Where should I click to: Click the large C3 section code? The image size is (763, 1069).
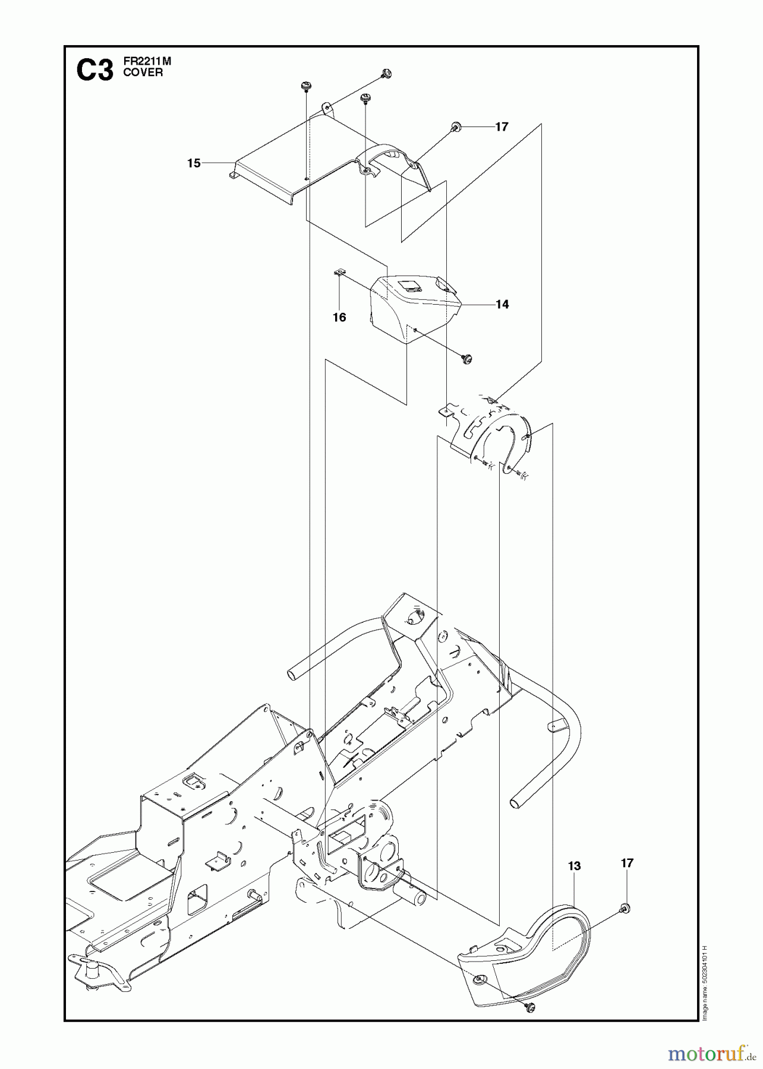[94, 71]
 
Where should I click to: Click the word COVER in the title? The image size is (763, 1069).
[143, 73]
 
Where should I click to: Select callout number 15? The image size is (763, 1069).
[194, 163]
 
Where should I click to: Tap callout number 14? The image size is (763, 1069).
[502, 304]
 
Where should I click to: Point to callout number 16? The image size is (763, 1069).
[339, 318]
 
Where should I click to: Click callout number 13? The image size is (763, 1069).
[574, 866]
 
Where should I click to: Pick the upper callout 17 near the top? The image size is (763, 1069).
[502, 126]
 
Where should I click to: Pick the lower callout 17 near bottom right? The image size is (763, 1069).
[628, 863]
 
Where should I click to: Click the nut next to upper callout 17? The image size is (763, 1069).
[456, 126]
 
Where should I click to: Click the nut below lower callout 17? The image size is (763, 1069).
[625, 907]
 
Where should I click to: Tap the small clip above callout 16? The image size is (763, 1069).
[339, 273]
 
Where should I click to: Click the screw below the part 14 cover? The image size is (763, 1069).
[467, 358]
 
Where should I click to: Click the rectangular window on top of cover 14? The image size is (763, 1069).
[410, 286]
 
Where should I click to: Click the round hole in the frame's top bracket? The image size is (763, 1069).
[416, 618]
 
